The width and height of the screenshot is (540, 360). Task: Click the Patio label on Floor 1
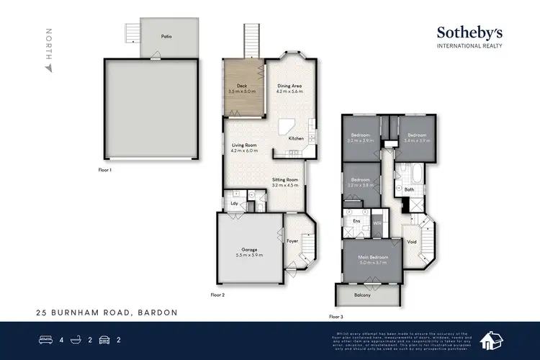point(166,35)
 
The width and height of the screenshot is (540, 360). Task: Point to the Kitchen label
point(296,138)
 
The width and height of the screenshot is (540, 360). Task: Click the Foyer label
point(292,240)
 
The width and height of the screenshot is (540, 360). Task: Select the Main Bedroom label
point(374,258)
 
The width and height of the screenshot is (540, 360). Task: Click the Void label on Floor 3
point(411,242)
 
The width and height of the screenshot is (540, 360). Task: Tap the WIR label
point(377,223)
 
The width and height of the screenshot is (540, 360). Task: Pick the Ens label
point(356,220)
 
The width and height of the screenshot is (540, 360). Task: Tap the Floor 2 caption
point(217,295)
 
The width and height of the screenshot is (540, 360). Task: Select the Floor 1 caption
point(106,170)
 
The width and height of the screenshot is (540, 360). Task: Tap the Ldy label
point(234,203)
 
